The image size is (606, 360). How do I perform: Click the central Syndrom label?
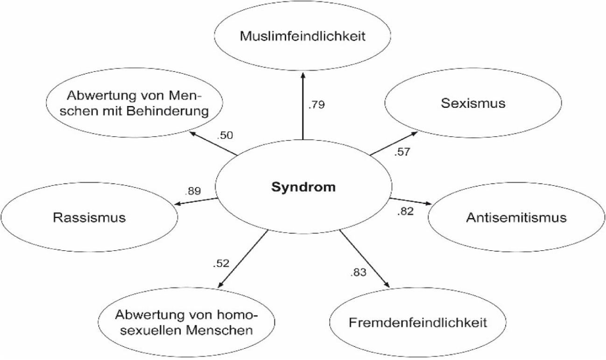[x=303, y=188]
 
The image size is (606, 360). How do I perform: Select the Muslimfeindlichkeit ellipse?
[x=303, y=36]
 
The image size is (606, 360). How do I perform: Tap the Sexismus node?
[x=472, y=103]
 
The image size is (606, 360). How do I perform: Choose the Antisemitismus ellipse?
[x=516, y=218]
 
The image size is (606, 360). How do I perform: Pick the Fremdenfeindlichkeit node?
[x=418, y=322]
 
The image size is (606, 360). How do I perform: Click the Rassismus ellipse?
[x=89, y=218]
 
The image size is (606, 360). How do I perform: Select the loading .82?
[x=405, y=212]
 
